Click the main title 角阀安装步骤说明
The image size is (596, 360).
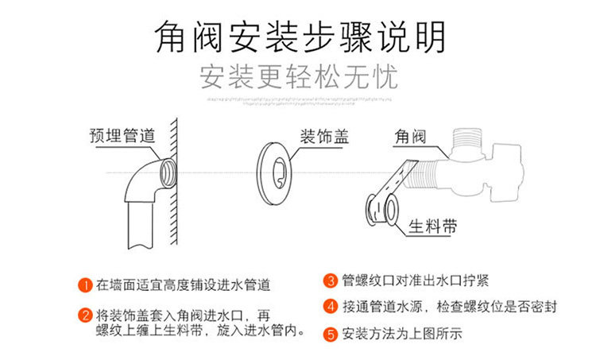[x=298, y=37]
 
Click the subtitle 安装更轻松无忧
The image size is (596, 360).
[x=298, y=78]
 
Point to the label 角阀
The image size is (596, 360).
[x=409, y=137]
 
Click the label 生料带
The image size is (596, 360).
[x=433, y=225]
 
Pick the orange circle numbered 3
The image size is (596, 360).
[x=331, y=281]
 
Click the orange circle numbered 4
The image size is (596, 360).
[x=331, y=306]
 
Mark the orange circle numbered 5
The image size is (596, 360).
[x=331, y=333]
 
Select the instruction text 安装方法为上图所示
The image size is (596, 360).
[x=401, y=333]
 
